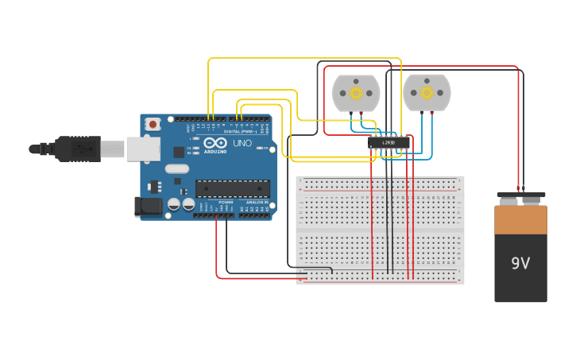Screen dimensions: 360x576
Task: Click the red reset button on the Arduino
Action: click(x=153, y=124)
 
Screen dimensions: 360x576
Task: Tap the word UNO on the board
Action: click(x=242, y=144)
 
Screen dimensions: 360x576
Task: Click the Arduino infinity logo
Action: click(x=215, y=142)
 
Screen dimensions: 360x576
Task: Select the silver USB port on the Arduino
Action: click(x=143, y=149)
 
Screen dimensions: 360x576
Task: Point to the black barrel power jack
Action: click(x=148, y=207)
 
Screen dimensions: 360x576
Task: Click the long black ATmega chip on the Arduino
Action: click(x=232, y=188)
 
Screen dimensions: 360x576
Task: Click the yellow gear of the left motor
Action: click(x=356, y=93)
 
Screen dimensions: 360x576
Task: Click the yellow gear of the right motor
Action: click(x=427, y=93)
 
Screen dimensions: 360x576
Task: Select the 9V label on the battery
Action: click(x=520, y=263)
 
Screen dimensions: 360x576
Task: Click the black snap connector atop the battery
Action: click(x=520, y=195)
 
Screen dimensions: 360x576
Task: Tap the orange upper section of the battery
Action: click(x=520, y=219)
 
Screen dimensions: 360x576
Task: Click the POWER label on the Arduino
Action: click(x=226, y=203)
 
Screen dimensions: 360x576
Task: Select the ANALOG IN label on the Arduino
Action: click(x=257, y=203)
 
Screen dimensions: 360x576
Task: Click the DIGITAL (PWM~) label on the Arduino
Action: click(x=241, y=131)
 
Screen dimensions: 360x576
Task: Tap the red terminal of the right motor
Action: click(x=432, y=113)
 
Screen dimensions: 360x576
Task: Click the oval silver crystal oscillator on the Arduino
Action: click(x=177, y=168)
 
